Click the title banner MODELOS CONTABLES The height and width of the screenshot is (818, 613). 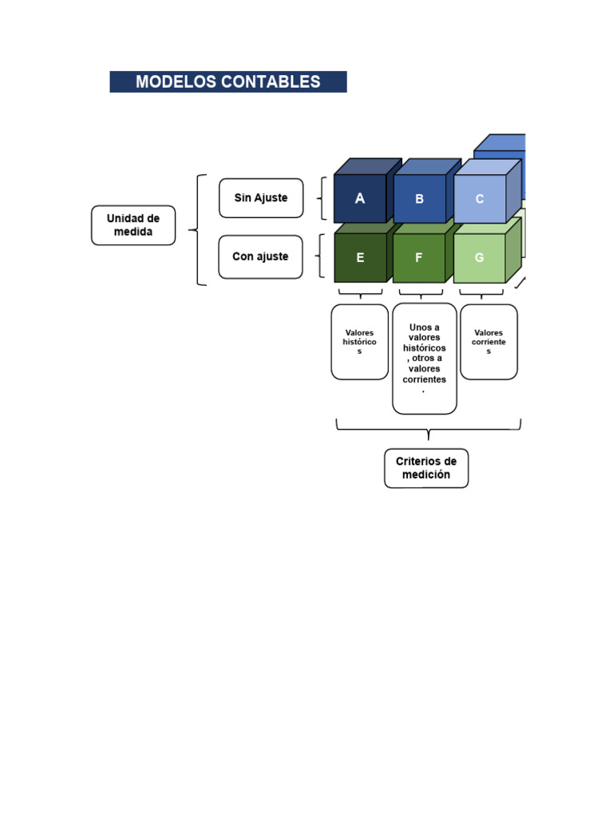point(227,82)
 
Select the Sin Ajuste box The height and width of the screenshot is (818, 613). point(261,198)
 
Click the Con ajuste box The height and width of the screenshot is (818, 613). point(261,256)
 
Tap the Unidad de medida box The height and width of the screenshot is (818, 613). point(133,225)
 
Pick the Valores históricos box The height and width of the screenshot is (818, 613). point(360,342)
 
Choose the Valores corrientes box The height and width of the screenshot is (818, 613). point(489,342)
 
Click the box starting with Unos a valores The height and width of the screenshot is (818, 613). point(425,359)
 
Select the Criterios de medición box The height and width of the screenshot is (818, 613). point(426,468)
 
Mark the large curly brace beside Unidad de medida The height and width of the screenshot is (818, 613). point(198,230)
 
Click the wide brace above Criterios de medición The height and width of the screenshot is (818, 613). point(429,429)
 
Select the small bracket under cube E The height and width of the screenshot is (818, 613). point(360,294)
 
